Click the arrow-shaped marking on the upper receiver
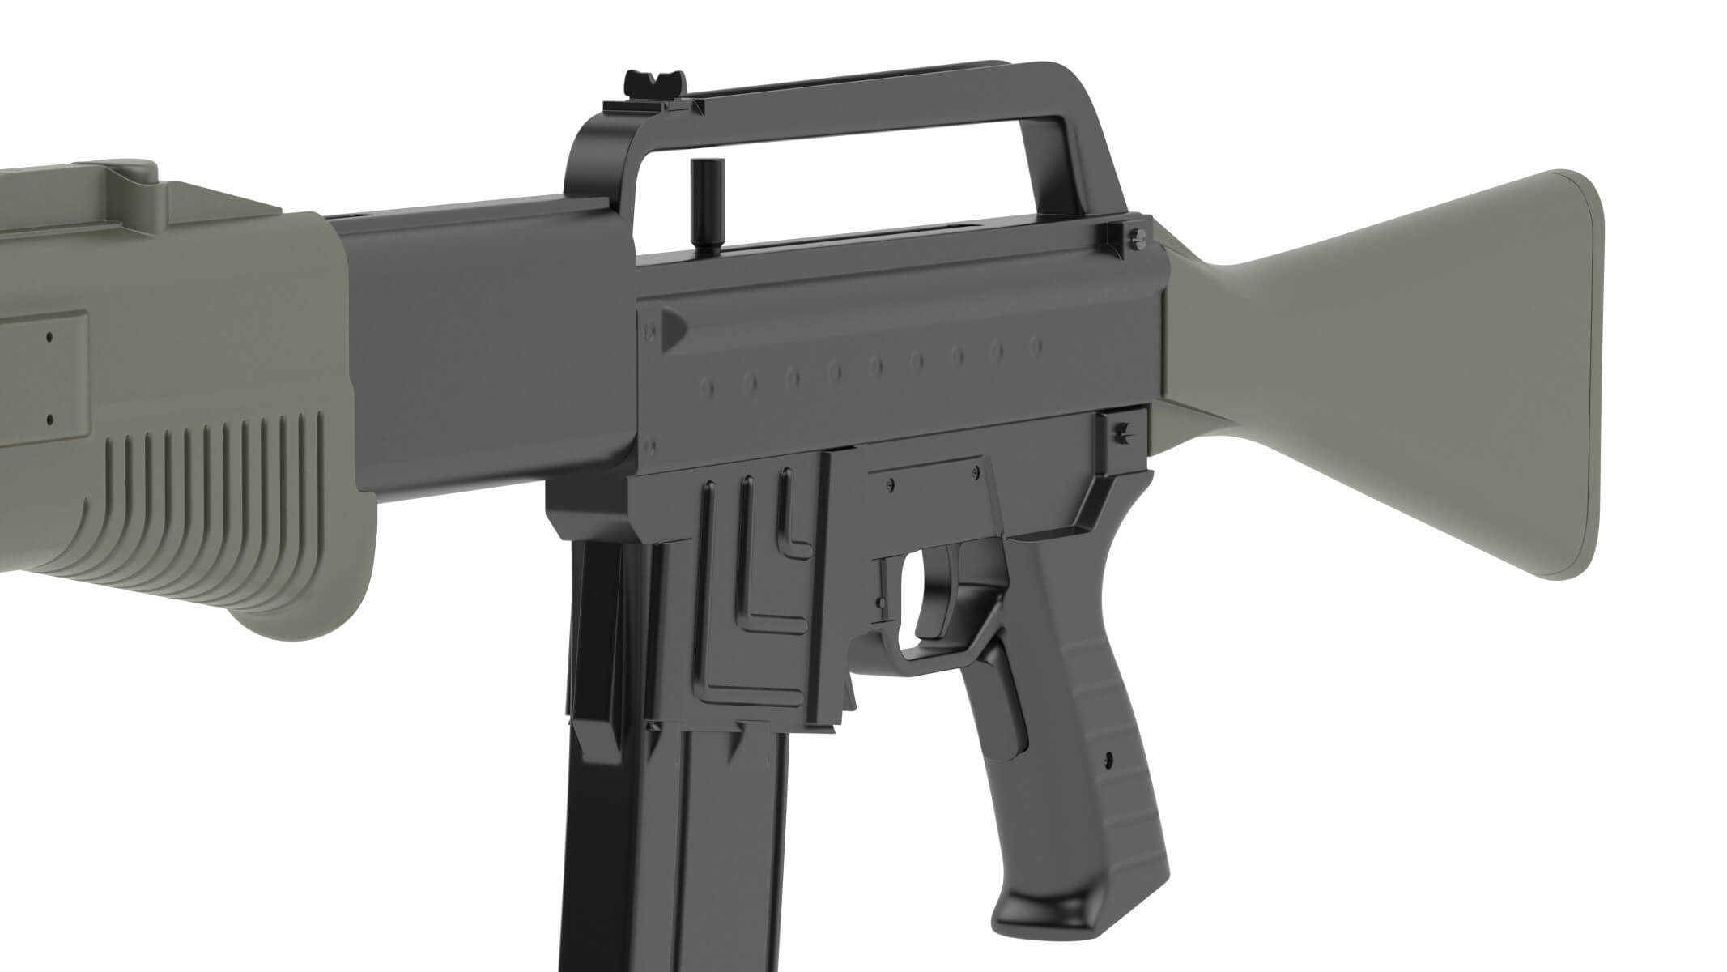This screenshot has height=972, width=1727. pos(674,327)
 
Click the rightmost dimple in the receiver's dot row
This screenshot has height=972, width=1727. pos(1035,346)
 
